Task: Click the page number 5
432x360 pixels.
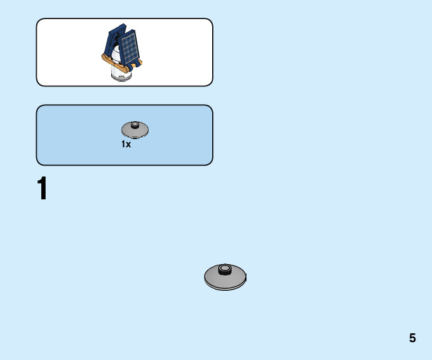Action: (x=412, y=338)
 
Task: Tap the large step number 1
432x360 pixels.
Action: (x=42, y=189)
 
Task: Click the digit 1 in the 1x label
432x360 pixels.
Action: (x=124, y=145)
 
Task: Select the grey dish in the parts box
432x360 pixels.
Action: (x=135, y=130)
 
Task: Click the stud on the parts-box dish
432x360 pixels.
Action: (x=135, y=125)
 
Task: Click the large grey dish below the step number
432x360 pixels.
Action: (x=225, y=278)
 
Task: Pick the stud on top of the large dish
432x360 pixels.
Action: (x=224, y=269)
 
